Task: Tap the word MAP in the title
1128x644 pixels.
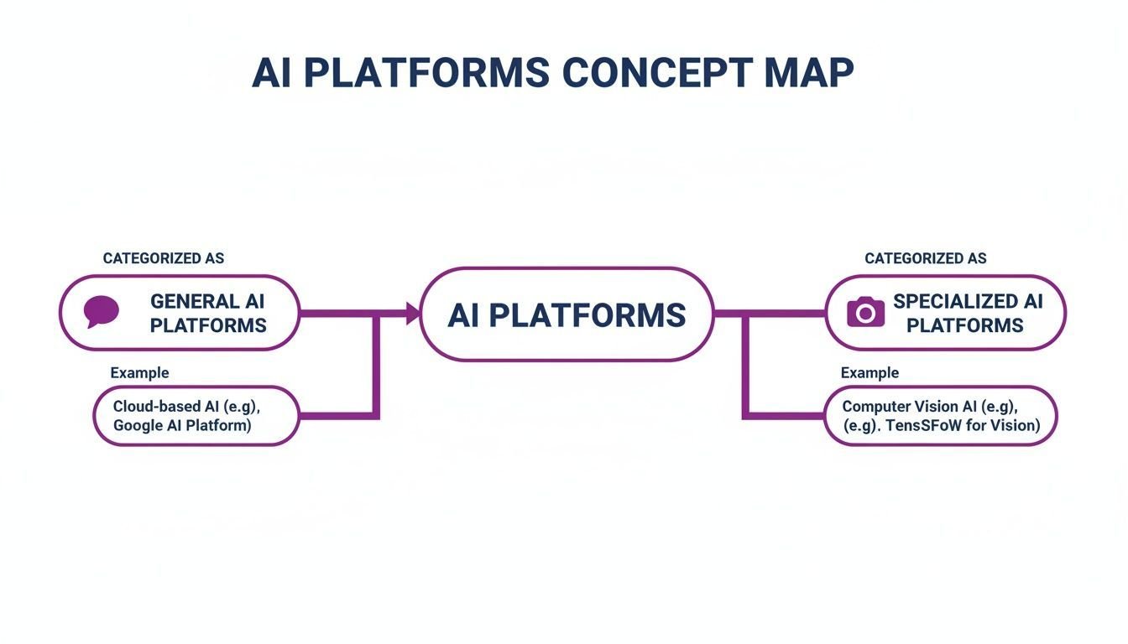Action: point(809,72)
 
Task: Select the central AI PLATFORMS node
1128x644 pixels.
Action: point(567,314)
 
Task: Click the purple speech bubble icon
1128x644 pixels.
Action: point(102,311)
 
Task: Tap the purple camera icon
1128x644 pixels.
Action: point(865,312)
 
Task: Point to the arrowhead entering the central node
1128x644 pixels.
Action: point(413,314)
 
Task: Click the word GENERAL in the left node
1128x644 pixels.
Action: point(193,301)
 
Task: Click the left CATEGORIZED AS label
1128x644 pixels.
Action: point(164,258)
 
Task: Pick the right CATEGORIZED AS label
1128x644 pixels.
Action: point(926,258)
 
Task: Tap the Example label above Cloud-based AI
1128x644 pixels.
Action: point(139,373)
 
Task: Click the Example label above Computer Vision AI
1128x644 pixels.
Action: point(869,373)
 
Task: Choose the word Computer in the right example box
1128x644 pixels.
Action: point(874,407)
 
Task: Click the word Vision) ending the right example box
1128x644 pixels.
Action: point(1016,426)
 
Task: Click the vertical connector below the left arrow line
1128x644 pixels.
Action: point(376,366)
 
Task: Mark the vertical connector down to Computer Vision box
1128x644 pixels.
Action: point(746,366)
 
